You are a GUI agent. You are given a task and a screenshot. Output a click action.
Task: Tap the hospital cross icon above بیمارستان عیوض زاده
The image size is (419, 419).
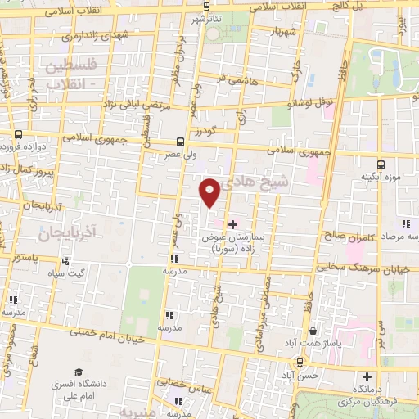[x=232, y=223]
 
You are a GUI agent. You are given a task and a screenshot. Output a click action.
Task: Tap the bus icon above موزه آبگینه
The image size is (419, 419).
[x=379, y=163]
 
